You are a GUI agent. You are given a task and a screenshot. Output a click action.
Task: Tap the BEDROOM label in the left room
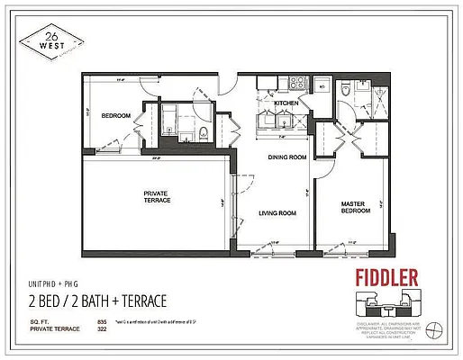coord(115,116)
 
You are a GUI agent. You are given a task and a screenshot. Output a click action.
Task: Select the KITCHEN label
coord(286,104)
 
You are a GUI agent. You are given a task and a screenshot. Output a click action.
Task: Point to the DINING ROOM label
coord(287,157)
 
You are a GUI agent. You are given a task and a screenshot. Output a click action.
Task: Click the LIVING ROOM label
coord(277,213)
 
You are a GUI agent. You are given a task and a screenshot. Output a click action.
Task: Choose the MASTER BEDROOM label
coord(353,208)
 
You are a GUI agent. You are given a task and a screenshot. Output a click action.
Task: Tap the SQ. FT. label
coord(42,321)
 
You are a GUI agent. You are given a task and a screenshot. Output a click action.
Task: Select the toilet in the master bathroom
coord(346,88)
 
